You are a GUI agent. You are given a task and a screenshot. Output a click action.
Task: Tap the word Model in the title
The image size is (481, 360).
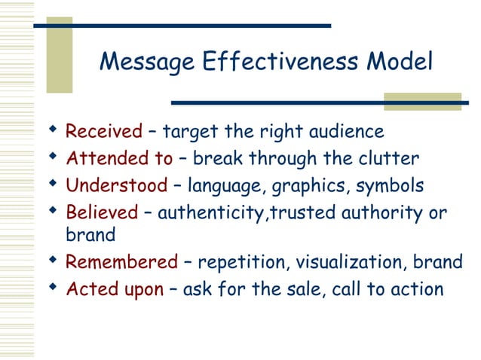pos(400,62)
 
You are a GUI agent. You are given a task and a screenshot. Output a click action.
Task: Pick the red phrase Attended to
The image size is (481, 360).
pos(120,158)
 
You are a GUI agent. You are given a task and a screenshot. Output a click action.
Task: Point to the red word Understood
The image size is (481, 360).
pos(116,185)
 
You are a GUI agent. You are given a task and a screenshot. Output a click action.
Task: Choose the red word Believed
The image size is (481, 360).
pos(102,212)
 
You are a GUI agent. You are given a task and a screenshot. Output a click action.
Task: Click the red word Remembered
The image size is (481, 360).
pos(121,262)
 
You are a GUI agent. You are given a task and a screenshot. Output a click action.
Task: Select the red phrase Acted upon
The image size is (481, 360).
pos(115,288)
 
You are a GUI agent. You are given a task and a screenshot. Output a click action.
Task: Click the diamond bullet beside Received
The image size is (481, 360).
pos(52,131)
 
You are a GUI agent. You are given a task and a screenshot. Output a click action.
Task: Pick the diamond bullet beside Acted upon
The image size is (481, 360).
pos(52,288)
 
